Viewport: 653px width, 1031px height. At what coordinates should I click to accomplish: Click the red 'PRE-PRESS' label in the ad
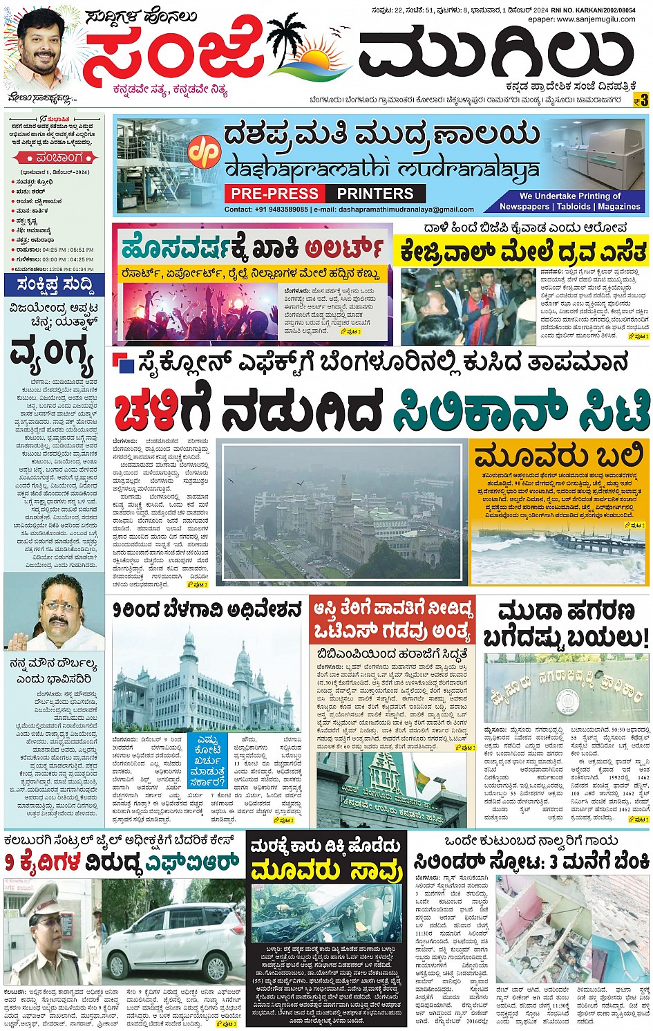pos(274,194)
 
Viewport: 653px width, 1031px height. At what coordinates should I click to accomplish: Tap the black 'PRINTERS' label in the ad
pos(375,194)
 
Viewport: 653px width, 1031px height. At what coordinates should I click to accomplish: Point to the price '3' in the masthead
pos(643,101)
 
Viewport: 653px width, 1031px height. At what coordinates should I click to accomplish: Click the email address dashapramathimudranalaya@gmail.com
pos(407,210)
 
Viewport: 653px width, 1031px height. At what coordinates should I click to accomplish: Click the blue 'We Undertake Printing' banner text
pos(570,201)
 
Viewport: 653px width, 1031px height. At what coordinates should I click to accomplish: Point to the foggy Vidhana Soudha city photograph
pos(343,512)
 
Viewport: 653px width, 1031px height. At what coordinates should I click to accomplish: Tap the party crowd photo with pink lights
pos(198,304)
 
